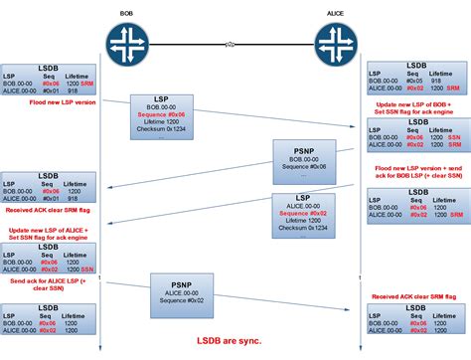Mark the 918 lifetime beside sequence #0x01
(76, 90)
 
